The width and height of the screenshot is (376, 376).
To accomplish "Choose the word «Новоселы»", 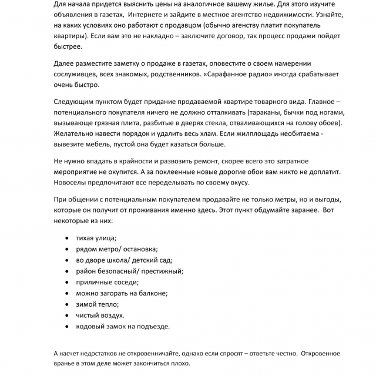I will pos(73,183).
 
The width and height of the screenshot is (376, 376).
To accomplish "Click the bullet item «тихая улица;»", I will pos(96,238).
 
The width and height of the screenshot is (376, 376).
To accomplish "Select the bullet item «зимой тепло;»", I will pos(98,304).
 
